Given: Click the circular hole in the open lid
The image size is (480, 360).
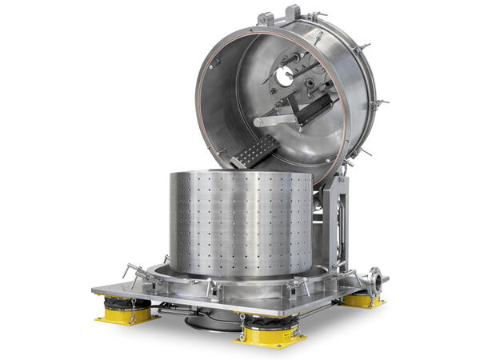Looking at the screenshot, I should point(284,78).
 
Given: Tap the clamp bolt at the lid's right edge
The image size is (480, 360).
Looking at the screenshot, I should point(379,102).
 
